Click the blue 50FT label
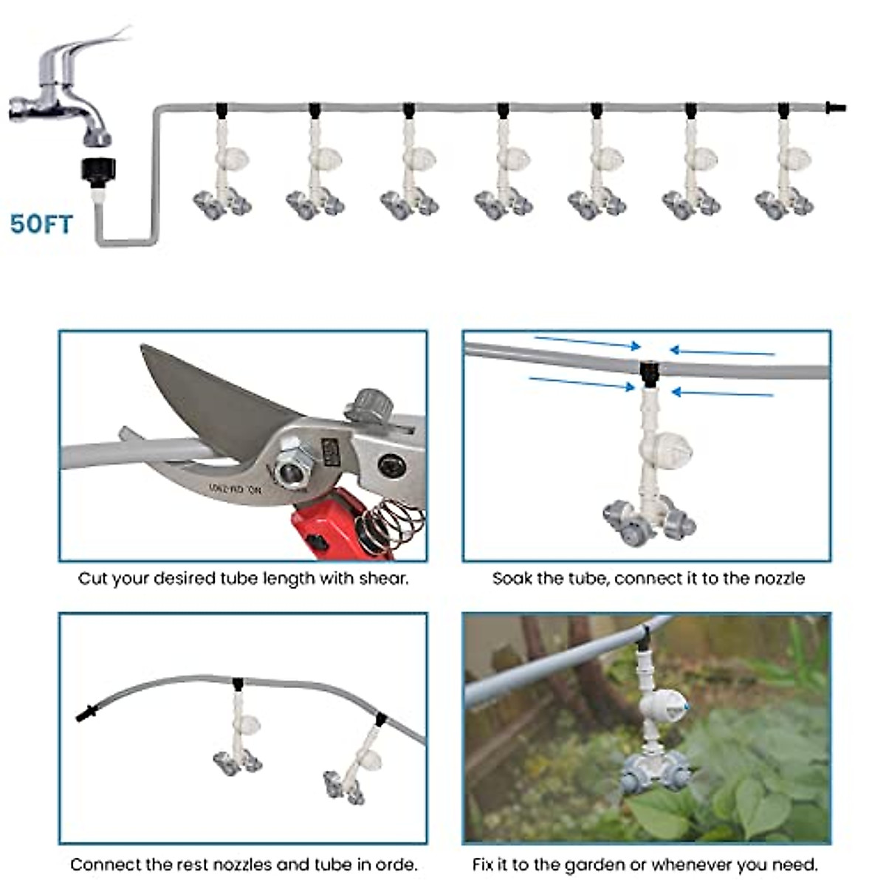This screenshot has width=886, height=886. [x=42, y=223]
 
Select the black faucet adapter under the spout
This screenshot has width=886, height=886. [x=97, y=171]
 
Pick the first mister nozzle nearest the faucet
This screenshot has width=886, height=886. [x=222, y=170]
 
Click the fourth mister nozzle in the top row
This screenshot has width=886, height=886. [x=503, y=170]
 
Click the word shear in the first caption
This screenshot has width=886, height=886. [x=383, y=578]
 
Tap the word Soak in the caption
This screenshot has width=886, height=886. [x=512, y=578]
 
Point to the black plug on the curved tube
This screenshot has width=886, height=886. [x=87, y=714]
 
